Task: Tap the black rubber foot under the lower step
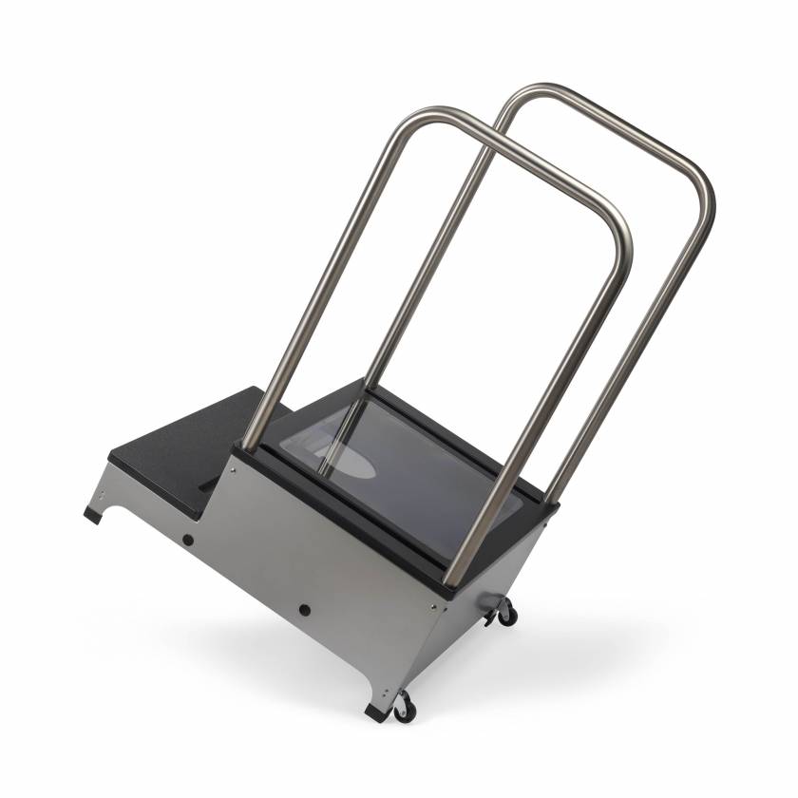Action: click(x=91, y=515)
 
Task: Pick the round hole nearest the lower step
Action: click(x=188, y=540)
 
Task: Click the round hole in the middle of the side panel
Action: click(x=305, y=609)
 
